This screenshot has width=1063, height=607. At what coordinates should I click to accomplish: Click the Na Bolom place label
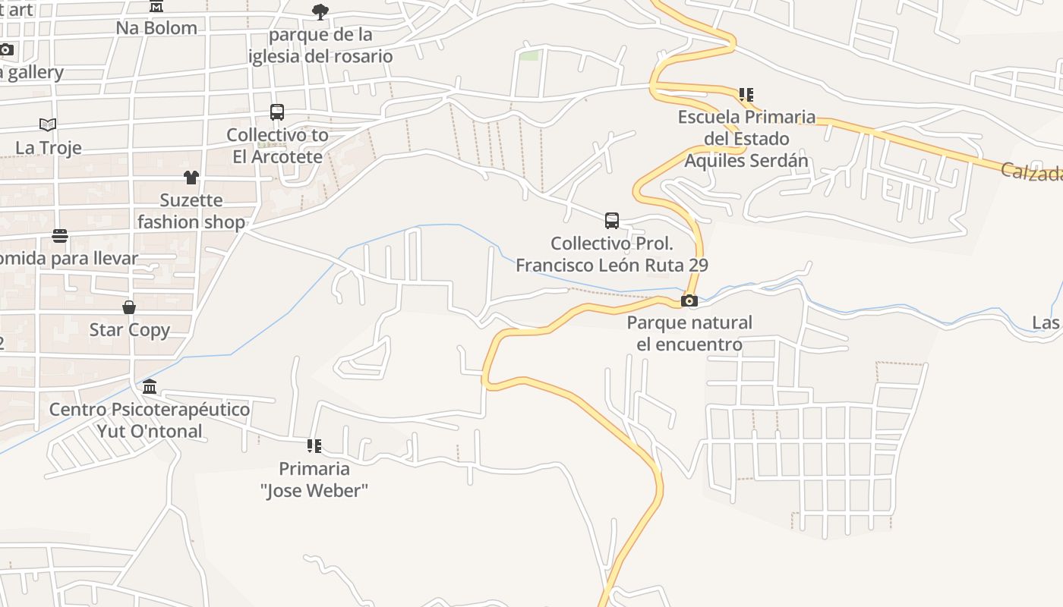click(x=156, y=28)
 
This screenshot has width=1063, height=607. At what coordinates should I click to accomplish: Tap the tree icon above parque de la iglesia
click(x=320, y=12)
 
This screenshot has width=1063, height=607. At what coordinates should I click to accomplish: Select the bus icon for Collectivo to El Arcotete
click(x=277, y=112)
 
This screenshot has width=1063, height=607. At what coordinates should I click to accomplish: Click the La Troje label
click(x=49, y=147)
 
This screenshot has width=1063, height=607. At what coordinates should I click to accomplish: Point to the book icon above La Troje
click(x=48, y=124)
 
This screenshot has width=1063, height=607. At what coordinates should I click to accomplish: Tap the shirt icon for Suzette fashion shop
click(x=191, y=178)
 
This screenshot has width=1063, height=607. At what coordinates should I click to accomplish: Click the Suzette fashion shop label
click(x=191, y=211)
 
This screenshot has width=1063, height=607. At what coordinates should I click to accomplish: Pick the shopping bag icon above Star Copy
click(x=129, y=307)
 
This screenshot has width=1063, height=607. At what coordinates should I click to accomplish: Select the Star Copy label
click(x=130, y=330)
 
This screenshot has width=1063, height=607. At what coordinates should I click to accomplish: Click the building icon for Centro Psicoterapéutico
click(x=150, y=387)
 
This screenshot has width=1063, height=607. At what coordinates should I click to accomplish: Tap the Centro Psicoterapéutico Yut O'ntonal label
click(x=150, y=420)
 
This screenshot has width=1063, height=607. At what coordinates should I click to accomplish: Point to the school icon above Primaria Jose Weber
click(x=314, y=445)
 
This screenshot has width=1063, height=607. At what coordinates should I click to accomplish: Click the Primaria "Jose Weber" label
click(x=314, y=480)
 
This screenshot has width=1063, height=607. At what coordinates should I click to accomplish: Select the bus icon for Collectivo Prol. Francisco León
click(x=612, y=221)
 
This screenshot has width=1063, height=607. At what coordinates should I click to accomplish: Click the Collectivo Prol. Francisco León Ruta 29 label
click(x=612, y=254)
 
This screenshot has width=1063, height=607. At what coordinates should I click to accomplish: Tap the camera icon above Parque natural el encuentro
click(x=689, y=300)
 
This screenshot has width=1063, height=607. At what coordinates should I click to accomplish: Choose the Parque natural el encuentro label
click(x=689, y=333)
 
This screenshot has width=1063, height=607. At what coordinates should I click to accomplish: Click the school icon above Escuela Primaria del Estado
click(x=746, y=95)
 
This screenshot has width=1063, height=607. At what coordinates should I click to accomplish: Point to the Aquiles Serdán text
click(x=746, y=161)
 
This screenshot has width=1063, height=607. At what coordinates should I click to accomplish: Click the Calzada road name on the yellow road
click(x=1031, y=172)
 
